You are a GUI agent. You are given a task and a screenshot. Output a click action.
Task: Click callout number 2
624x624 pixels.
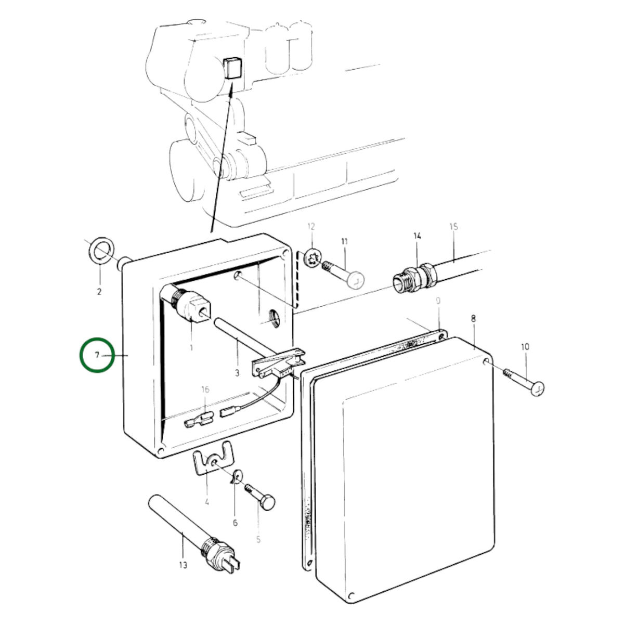pyautogui.click(x=99, y=291)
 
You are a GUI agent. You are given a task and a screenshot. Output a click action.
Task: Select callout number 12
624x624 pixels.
pyautogui.click(x=311, y=226)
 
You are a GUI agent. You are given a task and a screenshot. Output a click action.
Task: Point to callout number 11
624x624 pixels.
pyautogui.click(x=344, y=241)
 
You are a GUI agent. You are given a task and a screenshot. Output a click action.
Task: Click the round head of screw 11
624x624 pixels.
pyautogui.click(x=356, y=280)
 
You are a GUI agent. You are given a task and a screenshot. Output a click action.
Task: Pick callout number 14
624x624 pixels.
pyautogui.click(x=417, y=236)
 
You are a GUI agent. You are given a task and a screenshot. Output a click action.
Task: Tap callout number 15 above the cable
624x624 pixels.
pyautogui.click(x=454, y=226)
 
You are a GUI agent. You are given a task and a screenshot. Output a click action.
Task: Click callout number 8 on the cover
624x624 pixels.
pyautogui.click(x=473, y=319)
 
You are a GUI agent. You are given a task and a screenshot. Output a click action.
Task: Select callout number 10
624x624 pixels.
pyautogui.click(x=525, y=347)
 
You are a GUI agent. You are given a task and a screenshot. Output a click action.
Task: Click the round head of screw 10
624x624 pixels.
pyautogui.click(x=538, y=388)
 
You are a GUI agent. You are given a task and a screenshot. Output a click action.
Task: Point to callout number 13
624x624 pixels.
pyautogui.click(x=183, y=565)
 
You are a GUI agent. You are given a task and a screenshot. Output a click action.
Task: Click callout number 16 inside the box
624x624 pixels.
pyautogui.click(x=205, y=389)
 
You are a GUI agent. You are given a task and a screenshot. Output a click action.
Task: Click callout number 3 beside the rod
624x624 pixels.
pyautogui.click(x=237, y=373)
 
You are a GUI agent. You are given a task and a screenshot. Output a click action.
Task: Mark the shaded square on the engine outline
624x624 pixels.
pyautogui.click(x=233, y=68)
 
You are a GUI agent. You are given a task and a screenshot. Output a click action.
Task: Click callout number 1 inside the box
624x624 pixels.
pyautogui.click(x=191, y=348)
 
